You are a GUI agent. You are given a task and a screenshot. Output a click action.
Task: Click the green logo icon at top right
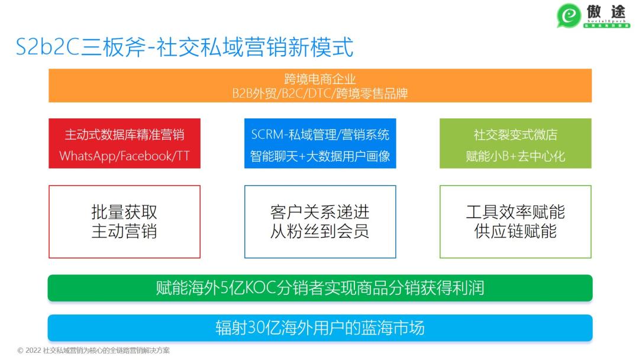pos(569,15)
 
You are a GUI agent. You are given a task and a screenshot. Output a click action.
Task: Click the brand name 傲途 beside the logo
pos(607,12)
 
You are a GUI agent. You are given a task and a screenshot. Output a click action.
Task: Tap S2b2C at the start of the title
pos(47,47)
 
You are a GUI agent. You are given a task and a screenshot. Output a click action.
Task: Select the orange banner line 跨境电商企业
pos(319,79)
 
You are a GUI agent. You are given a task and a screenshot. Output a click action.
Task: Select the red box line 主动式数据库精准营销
pos(124,134)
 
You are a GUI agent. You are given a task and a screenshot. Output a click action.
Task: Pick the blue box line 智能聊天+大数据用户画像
pos(319,156)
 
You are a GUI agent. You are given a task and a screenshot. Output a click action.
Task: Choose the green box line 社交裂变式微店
pos(515,134)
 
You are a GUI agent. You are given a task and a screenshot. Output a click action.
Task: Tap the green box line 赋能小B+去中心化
pos(515,156)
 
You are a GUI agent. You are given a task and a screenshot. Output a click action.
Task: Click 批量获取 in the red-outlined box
pos(124,212)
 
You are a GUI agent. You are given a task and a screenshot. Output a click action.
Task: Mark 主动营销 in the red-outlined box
pos(124,232)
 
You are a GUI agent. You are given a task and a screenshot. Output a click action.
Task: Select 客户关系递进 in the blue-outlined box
pos(319,212)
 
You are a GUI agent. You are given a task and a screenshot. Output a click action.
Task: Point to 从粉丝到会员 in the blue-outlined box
pos(319,232)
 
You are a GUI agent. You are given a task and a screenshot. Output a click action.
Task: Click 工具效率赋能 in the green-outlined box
pos(515,212)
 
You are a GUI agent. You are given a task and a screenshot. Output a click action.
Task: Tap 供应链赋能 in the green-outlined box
pos(515,232)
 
